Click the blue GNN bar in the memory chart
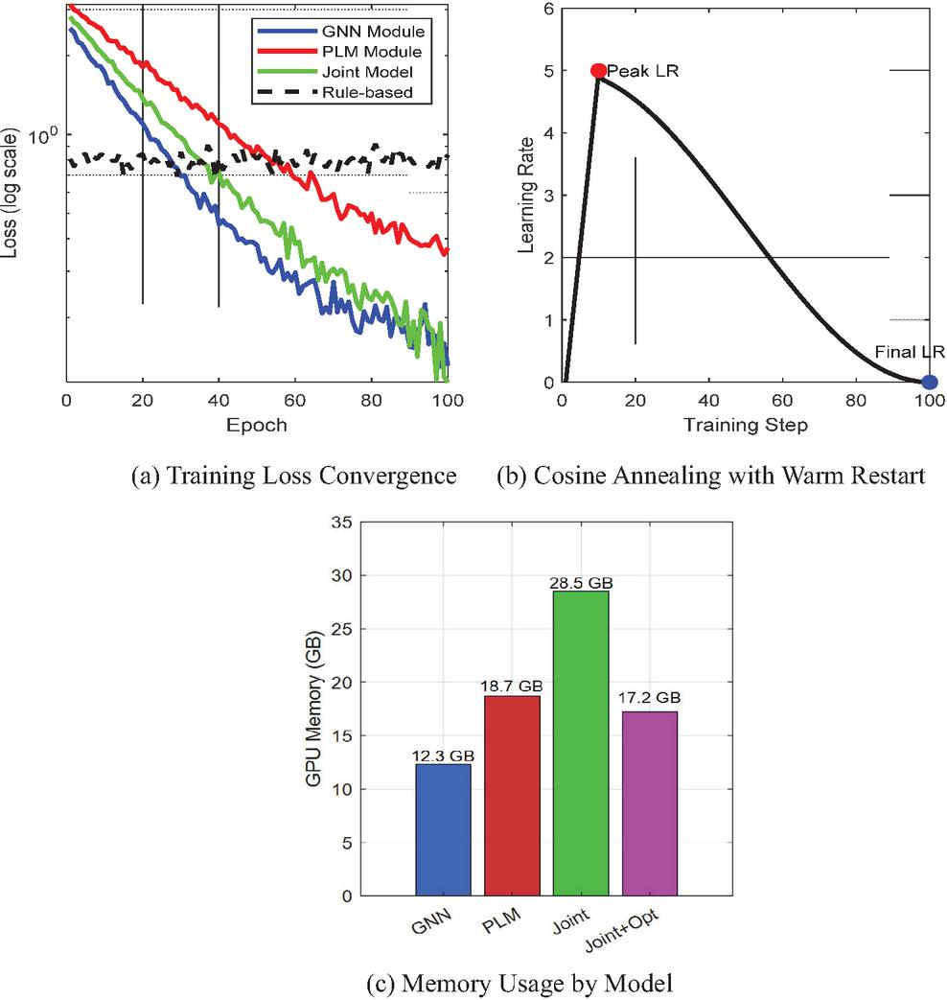443,829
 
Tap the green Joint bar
581,743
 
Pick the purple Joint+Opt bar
649,803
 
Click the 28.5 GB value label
581,583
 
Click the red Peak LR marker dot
598,71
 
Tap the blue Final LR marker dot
929,382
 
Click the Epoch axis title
257,424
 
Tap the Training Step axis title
745,424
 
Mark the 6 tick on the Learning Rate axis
547,9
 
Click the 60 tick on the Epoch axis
295,398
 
